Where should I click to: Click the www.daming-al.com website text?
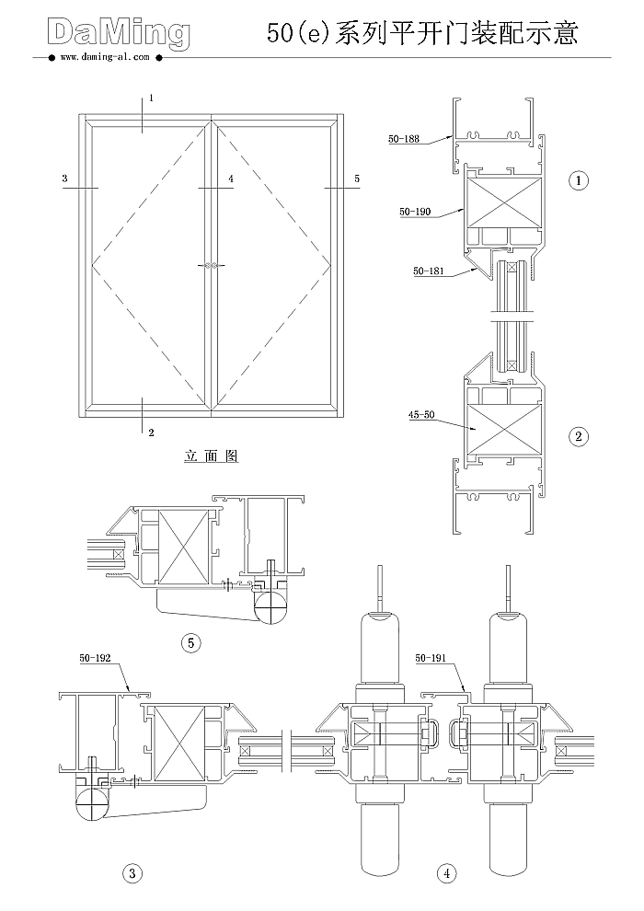104,57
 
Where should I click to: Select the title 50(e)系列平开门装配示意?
422,34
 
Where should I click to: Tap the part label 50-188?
403,139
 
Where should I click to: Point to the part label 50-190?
415,212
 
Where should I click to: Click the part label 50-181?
428,271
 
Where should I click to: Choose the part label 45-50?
421,415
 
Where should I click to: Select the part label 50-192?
95,658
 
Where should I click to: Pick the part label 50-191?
431,658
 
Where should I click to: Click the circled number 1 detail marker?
579,180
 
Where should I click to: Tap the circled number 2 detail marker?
579,436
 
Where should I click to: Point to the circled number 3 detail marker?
133,873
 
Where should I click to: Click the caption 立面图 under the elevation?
212,456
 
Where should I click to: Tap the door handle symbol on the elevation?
212,265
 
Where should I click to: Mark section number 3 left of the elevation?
64,178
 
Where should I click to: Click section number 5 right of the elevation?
357,178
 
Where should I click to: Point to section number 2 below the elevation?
150,432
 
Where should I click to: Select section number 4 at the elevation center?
231,178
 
